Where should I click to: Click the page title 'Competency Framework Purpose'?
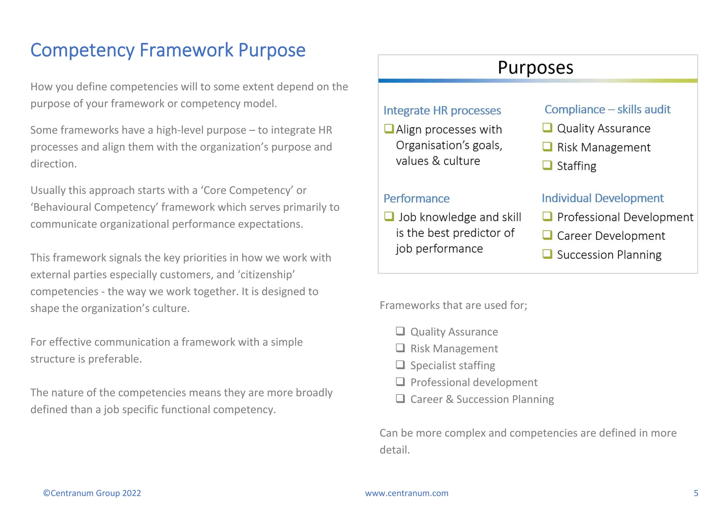[x=168, y=50]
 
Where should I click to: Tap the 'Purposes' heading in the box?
[x=535, y=67]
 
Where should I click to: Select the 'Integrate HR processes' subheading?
[x=442, y=110]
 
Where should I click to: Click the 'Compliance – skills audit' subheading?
[x=607, y=109]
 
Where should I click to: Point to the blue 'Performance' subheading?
[x=416, y=199]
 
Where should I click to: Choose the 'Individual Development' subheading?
[x=602, y=198]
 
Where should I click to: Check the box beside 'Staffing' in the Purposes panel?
[x=547, y=165]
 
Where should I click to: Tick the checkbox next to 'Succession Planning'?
[x=547, y=254]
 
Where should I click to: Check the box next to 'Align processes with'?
[x=389, y=129]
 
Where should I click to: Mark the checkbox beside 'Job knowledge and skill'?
[x=389, y=216]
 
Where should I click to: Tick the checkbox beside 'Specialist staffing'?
[x=400, y=365]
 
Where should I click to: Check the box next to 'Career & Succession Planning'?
[x=400, y=399]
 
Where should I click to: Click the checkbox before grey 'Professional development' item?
[x=400, y=382]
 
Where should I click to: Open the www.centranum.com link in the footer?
[x=406, y=493]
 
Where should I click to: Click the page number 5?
[x=696, y=493]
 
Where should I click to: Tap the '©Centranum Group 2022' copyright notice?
[x=92, y=493]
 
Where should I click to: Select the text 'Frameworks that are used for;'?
[x=453, y=305]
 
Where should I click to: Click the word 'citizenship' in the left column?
[x=268, y=274]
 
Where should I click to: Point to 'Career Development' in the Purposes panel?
[x=611, y=236]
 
